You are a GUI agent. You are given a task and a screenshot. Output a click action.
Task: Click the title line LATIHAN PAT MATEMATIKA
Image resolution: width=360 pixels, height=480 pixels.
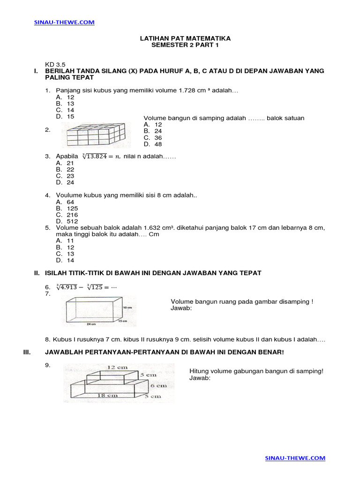185,38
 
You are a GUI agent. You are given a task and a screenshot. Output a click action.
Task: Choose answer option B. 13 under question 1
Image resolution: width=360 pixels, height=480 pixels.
65,104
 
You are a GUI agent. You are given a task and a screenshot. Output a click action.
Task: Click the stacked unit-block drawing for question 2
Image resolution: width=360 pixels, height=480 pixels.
96,135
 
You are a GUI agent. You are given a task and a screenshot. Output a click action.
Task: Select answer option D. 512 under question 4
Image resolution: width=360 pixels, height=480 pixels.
67,221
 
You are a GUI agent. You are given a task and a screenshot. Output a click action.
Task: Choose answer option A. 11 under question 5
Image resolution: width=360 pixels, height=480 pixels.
65,240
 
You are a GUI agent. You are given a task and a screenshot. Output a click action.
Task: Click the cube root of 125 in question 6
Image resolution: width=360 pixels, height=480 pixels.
97,287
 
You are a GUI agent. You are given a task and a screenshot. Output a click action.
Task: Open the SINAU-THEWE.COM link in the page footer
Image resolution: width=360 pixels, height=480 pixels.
295,458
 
